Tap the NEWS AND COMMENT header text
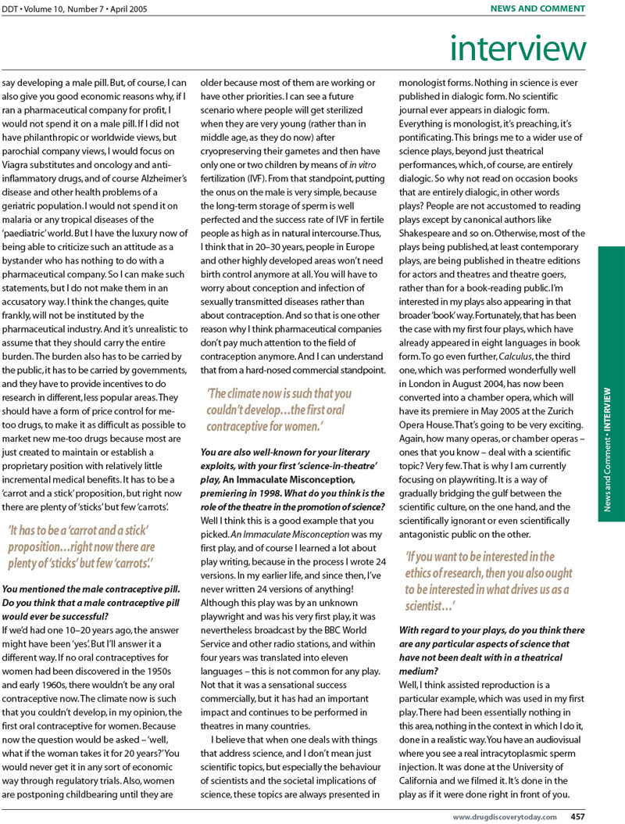click(537, 9)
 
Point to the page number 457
click(577, 816)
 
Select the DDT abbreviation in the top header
click(12, 9)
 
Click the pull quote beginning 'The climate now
click(279, 410)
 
